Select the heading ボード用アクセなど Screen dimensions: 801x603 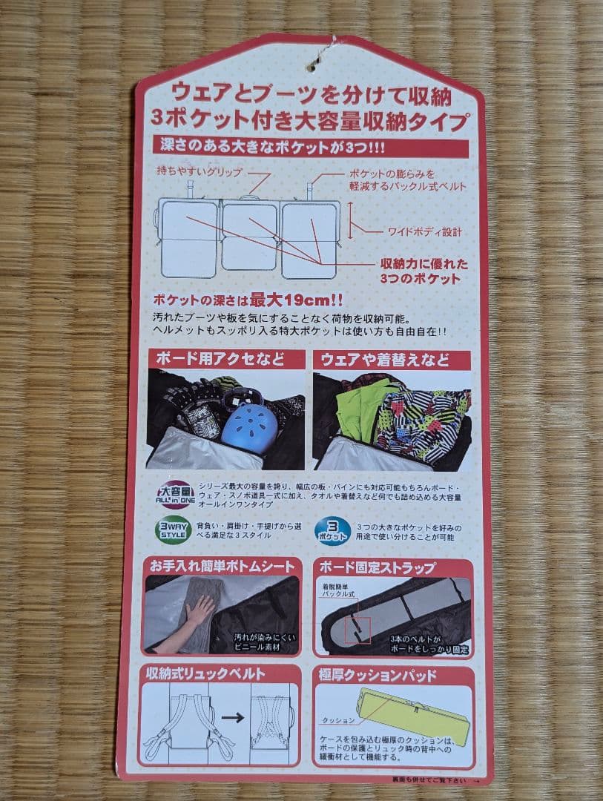220,360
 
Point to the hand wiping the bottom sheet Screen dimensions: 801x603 197,611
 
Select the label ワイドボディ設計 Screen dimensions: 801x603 424,232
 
